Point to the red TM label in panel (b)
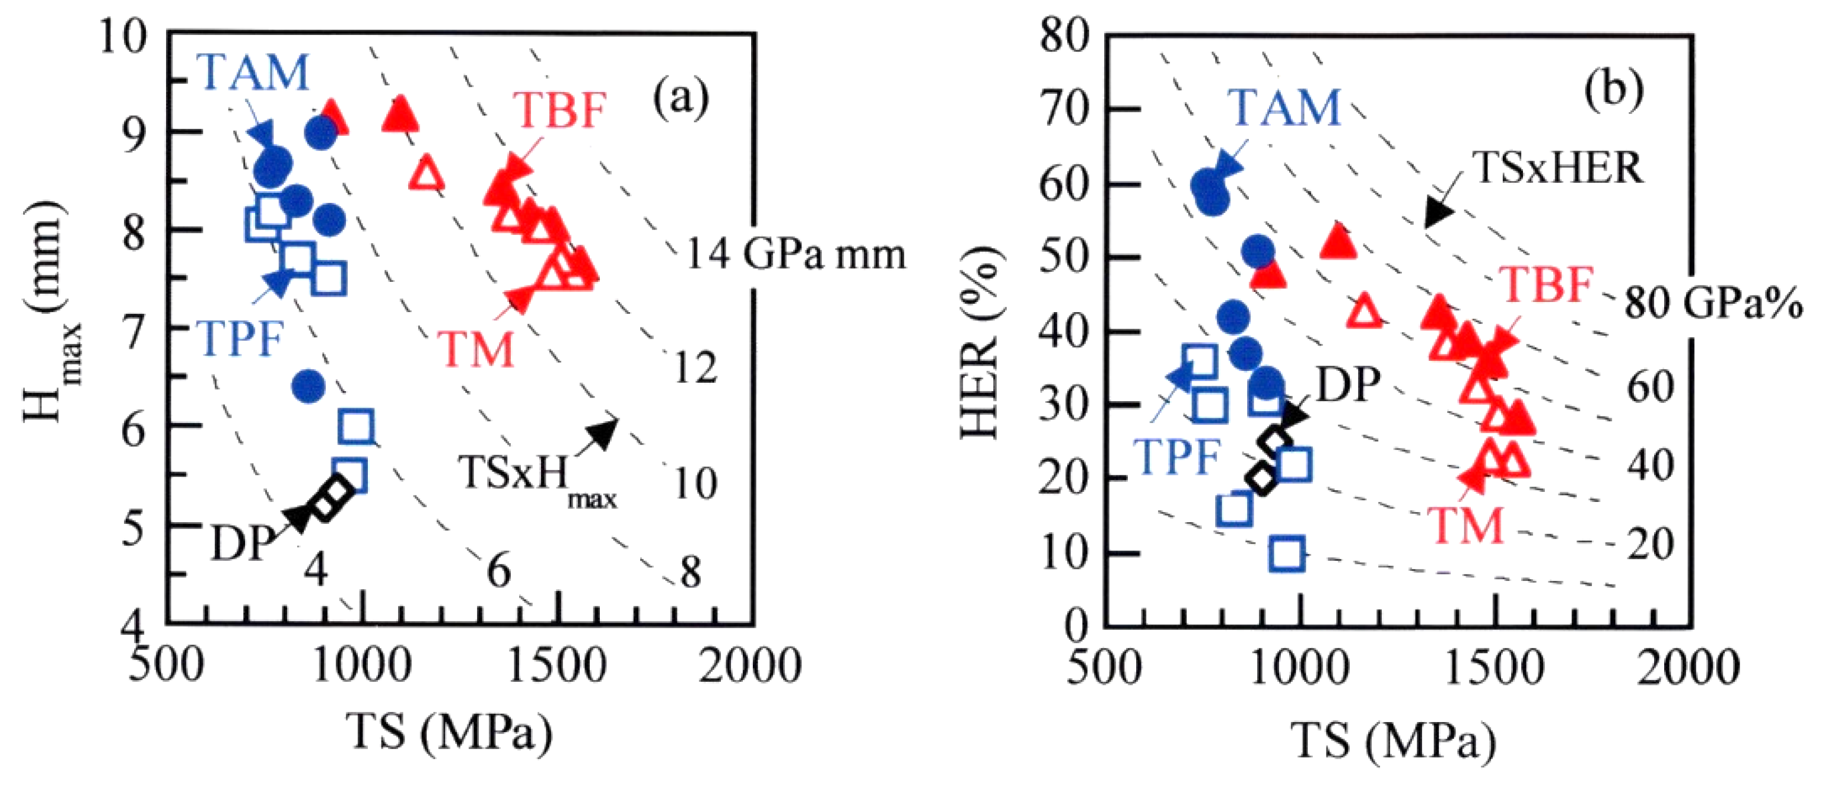pos(1464,526)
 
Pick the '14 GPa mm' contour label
pos(796,255)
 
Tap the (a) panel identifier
pos(680,99)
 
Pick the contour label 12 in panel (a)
pos(695,367)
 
